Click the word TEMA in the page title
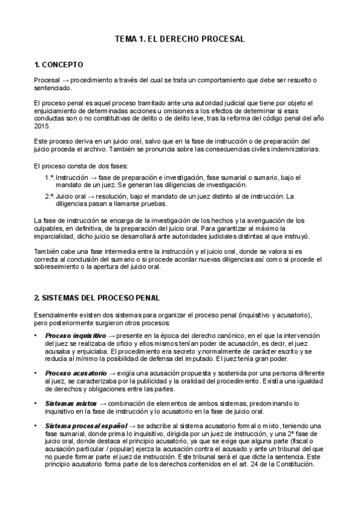click(x=126, y=39)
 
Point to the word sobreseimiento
click(x=61, y=266)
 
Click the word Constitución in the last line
click(x=294, y=465)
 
